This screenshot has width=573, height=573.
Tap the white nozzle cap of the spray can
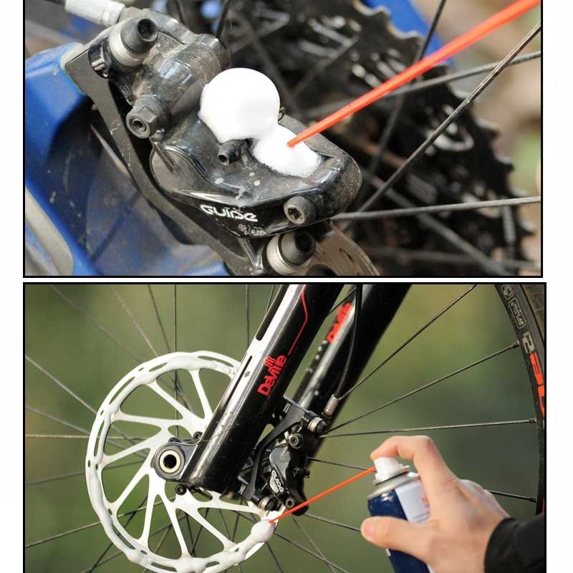tap(390, 469)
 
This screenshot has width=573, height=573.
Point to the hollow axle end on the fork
tap(170, 461)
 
